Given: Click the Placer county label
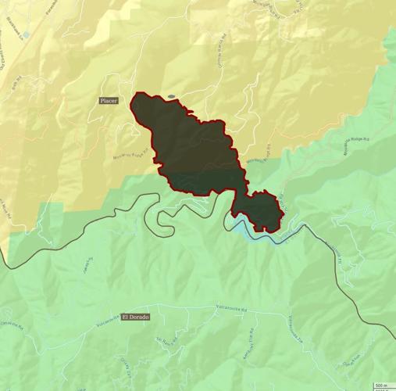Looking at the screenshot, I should pos(109,101).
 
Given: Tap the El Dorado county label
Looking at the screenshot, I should pos(135,317).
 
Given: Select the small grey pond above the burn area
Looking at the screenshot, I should pos(171,97).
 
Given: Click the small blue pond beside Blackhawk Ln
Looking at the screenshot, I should pos(25,35).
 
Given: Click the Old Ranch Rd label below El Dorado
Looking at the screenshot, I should pos(163,341).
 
